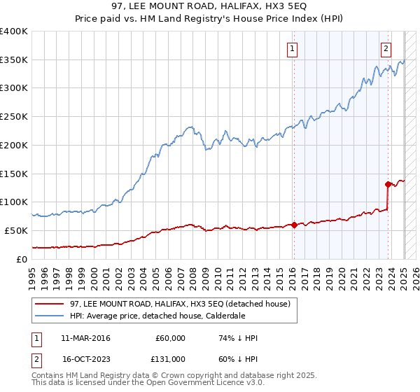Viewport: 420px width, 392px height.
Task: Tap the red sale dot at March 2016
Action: click(x=294, y=225)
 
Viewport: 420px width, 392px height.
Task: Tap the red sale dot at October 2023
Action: click(x=387, y=185)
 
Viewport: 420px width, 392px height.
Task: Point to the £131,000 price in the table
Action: click(x=170, y=358)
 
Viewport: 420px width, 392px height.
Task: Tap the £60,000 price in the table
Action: click(x=170, y=338)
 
